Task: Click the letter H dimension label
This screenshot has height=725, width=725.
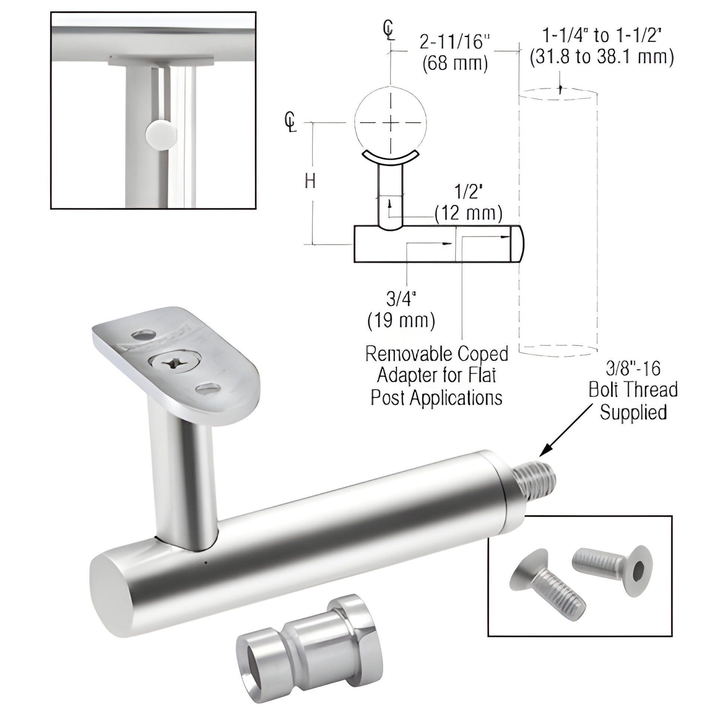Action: point(310,182)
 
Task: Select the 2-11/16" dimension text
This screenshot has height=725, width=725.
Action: point(455,42)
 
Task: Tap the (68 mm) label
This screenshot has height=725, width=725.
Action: point(455,64)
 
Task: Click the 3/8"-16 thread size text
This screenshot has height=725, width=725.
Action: point(633,369)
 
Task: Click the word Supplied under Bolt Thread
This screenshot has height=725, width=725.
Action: point(633,412)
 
